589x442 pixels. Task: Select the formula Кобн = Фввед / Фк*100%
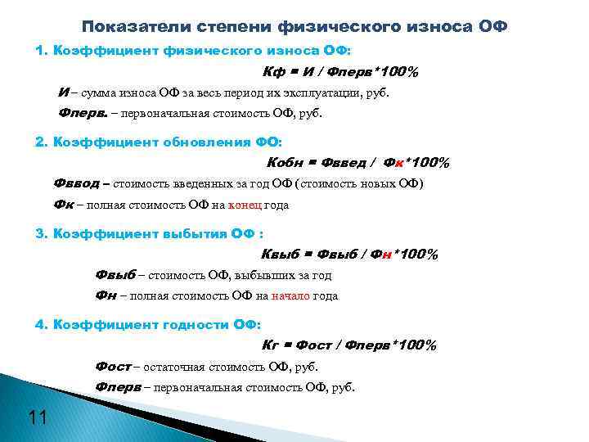point(358,163)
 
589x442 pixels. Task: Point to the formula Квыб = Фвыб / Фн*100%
point(349,255)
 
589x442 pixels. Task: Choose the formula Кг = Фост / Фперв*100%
point(349,345)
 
